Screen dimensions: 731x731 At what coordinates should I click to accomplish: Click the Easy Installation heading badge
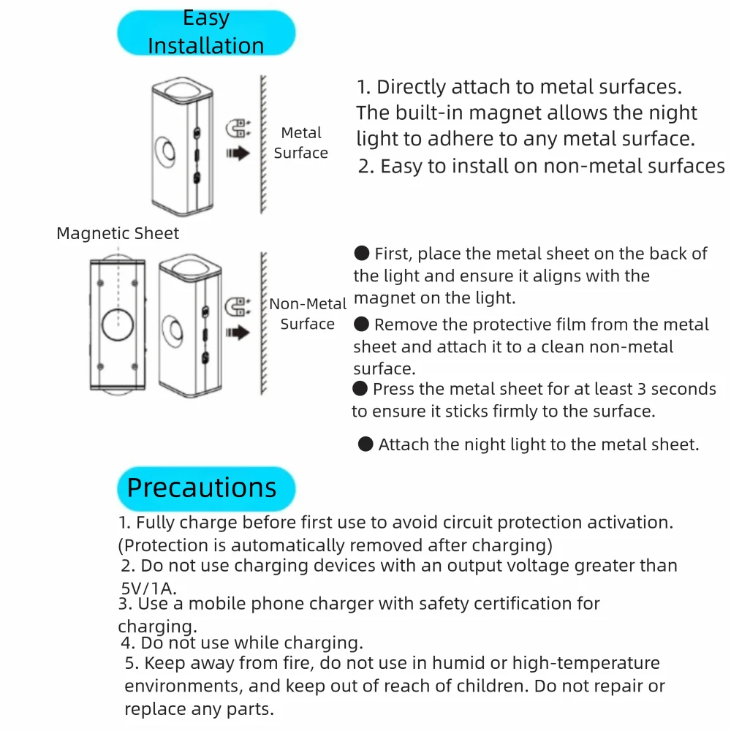pyautogui.click(x=206, y=33)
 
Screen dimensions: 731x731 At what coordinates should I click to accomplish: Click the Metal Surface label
pyautogui.click(x=300, y=143)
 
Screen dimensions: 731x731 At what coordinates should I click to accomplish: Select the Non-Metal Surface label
pyautogui.click(x=308, y=314)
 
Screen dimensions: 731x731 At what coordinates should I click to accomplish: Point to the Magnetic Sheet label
pyautogui.click(x=118, y=234)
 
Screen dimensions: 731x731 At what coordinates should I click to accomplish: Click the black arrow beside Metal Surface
pyautogui.click(x=238, y=154)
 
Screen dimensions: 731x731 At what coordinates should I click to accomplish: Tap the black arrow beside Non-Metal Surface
pyautogui.click(x=238, y=333)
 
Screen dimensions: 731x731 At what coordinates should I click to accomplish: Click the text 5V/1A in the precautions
pyautogui.click(x=149, y=587)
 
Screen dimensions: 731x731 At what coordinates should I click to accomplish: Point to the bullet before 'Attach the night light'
pyautogui.click(x=365, y=444)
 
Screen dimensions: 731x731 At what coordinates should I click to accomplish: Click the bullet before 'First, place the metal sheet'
pyautogui.click(x=362, y=254)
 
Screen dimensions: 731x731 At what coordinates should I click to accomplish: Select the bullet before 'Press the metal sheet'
pyautogui.click(x=360, y=388)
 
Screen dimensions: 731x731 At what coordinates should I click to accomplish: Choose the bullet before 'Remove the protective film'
pyautogui.click(x=362, y=324)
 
